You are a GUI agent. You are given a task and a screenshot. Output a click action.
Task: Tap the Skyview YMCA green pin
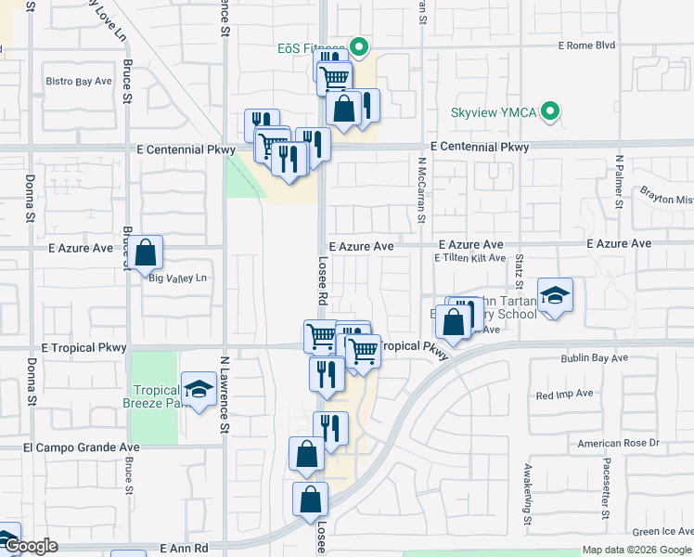coord(550,112)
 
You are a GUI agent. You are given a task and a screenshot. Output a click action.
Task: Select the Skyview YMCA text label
coord(493,112)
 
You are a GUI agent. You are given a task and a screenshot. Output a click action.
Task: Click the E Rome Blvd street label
coord(586,45)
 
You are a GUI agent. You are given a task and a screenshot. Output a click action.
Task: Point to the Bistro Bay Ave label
coord(79,82)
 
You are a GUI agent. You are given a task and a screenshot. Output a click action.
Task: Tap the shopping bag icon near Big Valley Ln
coord(146,253)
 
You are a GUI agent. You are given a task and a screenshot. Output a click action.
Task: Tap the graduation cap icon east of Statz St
coord(555,296)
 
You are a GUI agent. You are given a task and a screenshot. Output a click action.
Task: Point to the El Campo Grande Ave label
coord(81,447)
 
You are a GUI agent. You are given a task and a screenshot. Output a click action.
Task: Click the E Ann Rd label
coord(183,549)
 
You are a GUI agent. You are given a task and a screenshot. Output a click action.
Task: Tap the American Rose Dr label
coord(618,444)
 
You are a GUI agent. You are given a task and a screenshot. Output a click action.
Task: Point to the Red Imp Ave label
coord(564,395)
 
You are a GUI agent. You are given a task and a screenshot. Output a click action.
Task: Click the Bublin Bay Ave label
coord(594,357)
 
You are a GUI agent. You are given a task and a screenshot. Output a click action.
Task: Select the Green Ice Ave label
coord(662,532)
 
